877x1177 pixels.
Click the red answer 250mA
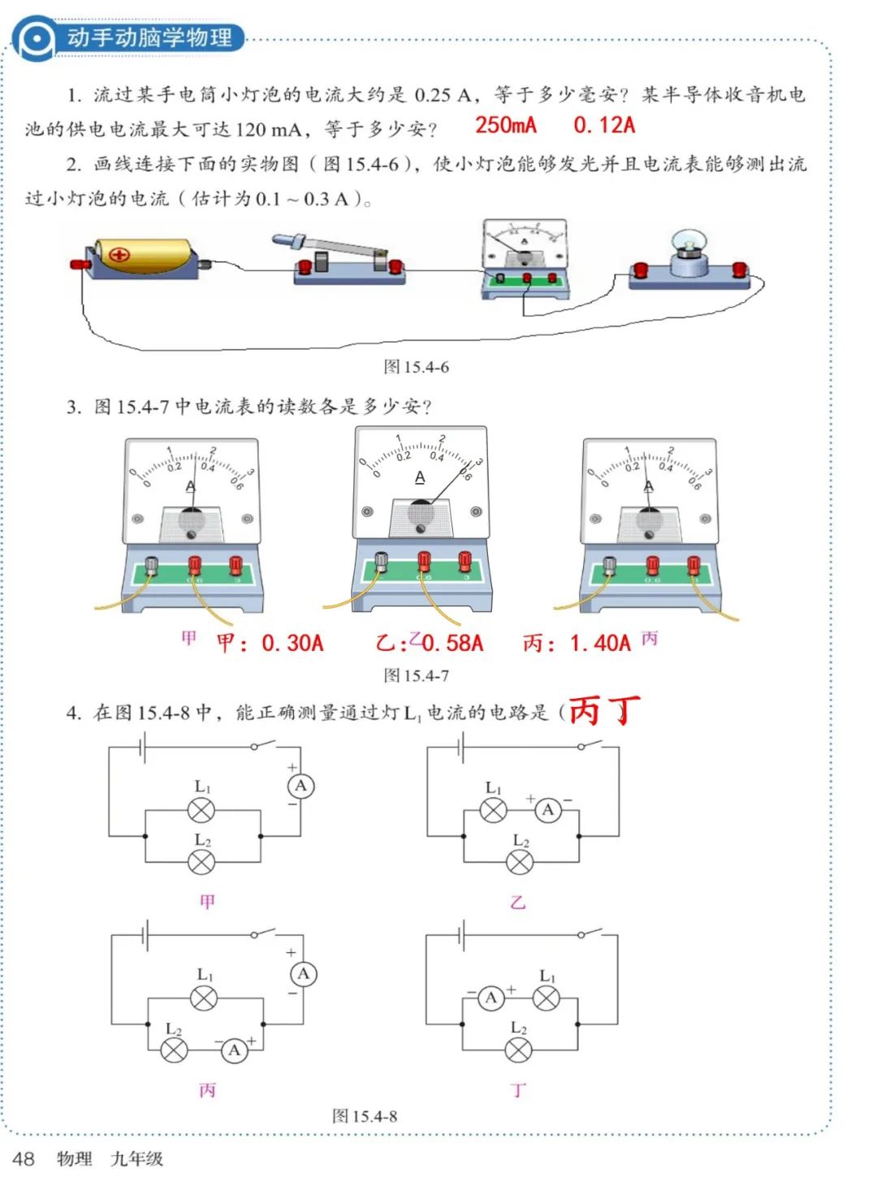click(x=505, y=125)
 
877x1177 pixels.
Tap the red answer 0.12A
click(x=604, y=125)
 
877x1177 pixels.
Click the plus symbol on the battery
click(x=119, y=255)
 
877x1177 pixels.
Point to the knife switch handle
click(x=333, y=247)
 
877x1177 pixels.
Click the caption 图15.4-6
click(x=416, y=367)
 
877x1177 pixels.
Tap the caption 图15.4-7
click(x=416, y=675)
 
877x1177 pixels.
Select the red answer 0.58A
click(x=452, y=644)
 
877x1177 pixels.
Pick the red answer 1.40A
click(x=600, y=644)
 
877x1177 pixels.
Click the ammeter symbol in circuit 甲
click(x=300, y=786)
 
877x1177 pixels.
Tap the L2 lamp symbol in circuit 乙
click(x=520, y=861)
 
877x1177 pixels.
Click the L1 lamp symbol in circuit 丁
click(x=546, y=998)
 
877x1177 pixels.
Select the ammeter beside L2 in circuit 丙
click(x=234, y=1050)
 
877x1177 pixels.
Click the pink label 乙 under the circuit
click(x=518, y=901)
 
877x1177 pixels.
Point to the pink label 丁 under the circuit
click(x=518, y=1090)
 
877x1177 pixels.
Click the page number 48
click(x=24, y=1158)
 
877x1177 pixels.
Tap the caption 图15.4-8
click(x=365, y=1116)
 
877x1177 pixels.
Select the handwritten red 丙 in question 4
click(x=585, y=712)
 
